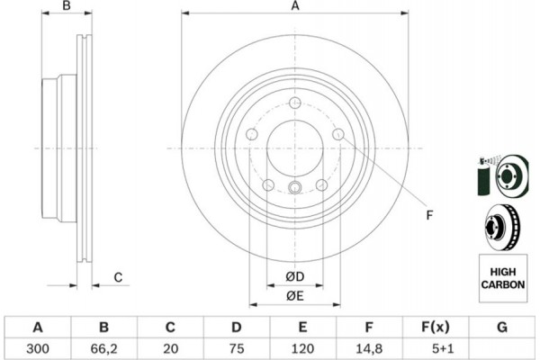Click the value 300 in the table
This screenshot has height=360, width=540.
pyautogui.click(x=38, y=348)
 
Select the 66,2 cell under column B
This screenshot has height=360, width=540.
pyautogui.click(x=103, y=348)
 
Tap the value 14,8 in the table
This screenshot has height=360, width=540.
pyautogui.click(x=368, y=348)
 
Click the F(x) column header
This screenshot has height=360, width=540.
pyautogui.click(x=436, y=327)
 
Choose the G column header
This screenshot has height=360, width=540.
pyautogui.click(x=502, y=327)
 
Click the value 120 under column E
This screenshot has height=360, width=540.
pyautogui.click(x=302, y=348)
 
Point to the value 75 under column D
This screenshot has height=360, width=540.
pyautogui.click(x=236, y=348)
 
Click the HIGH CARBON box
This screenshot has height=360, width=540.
pyautogui.click(x=503, y=278)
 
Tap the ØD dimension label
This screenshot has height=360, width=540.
pyautogui.click(x=295, y=276)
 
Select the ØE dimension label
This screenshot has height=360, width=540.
pyautogui.click(x=295, y=296)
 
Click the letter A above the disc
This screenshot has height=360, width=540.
pyautogui.click(x=295, y=6)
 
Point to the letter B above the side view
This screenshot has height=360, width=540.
pyautogui.click(x=67, y=6)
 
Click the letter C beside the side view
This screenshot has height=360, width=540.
pyautogui.click(x=118, y=277)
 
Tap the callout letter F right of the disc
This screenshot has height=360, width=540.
pyautogui.click(x=429, y=215)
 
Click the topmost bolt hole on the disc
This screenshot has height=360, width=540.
pyautogui.click(x=295, y=103)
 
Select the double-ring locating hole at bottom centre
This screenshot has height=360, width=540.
pyautogui.click(x=295, y=187)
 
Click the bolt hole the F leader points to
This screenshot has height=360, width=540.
pyautogui.click(x=338, y=134)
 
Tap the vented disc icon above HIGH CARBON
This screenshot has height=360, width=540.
pyautogui.click(x=502, y=228)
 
